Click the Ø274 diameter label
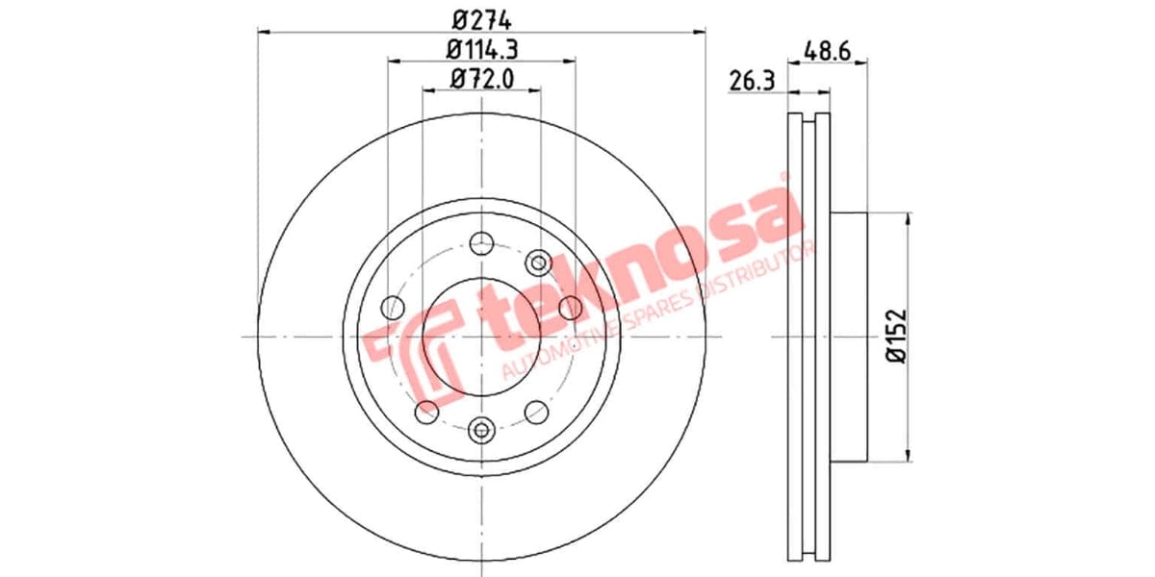(481, 17)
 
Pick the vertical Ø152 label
(897, 336)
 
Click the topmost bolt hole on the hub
(481, 243)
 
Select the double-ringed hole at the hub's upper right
(539, 262)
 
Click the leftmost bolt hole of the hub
(393, 308)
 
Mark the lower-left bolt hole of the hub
(426, 412)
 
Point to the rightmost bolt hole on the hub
(570, 308)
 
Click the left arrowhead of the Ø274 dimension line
(263, 32)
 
